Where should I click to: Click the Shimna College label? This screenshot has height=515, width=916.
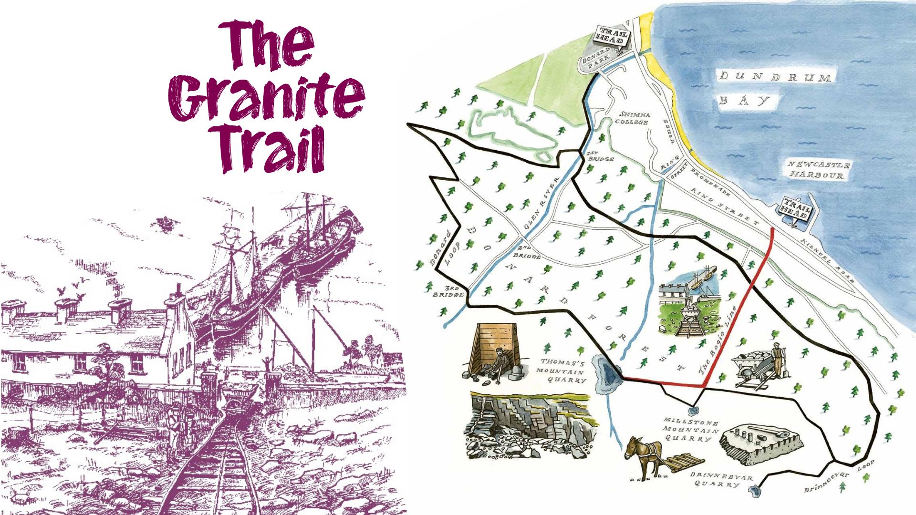[x=634, y=118]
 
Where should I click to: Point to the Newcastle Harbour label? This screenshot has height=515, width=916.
[x=819, y=170]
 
